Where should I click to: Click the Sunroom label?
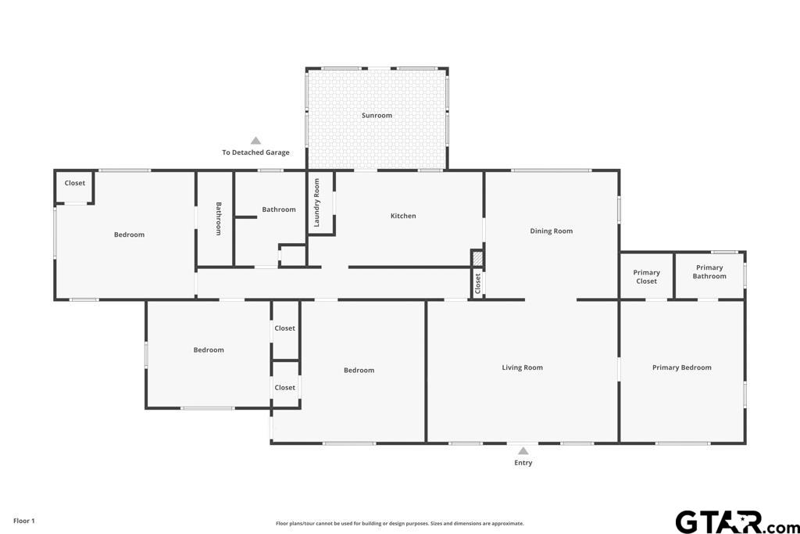tap(377, 116)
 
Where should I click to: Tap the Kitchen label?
tap(403, 216)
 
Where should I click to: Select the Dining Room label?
tap(551, 231)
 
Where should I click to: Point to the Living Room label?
tap(522, 367)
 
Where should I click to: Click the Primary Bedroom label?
tap(681, 367)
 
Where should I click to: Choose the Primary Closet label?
tap(646, 277)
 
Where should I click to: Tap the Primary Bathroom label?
tap(709, 272)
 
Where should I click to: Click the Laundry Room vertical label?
tap(317, 202)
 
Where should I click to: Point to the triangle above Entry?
tap(523, 451)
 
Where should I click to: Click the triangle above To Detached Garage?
tap(255, 141)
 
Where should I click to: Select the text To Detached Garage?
tap(255, 152)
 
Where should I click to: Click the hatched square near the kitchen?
tap(477, 258)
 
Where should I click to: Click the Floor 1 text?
tap(24, 521)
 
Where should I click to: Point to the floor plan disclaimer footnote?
tap(399, 523)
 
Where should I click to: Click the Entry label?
tap(523, 463)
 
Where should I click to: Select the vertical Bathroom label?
tap(219, 218)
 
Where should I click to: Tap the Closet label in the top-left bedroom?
tap(74, 183)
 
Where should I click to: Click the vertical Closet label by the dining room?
tap(477, 284)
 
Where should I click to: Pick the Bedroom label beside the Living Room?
tap(359, 370)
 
